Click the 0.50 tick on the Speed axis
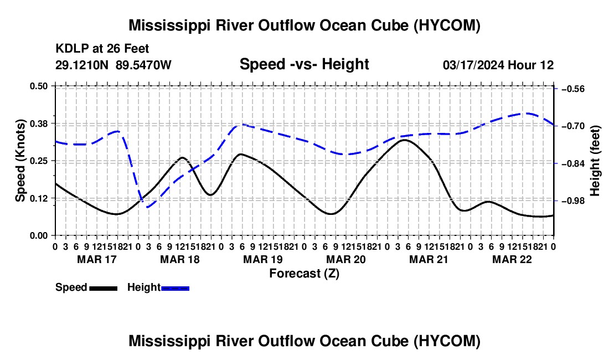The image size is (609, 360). [x=54, y=86]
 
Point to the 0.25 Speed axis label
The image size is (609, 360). [x=38, y=161]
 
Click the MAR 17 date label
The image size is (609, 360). [x=97, y=259]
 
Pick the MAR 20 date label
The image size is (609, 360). [x=345, y=259]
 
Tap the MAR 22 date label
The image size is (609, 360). [x=512, y=259]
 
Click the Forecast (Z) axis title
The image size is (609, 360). [x=304, y=274]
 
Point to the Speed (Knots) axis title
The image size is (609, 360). [x=20, y=161]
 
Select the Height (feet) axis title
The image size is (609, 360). [x=595, y=161]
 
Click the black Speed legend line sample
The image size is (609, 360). [x=104, y=288]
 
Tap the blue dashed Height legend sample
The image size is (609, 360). [x=175, y=288]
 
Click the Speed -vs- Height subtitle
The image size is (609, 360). [x=304, y=64]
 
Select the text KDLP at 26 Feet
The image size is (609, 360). [x=102, y=49]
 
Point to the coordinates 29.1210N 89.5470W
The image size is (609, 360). [x=113, y=65]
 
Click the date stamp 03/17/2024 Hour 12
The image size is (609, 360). [x=498, y=65]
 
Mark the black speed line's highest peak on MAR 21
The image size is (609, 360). [x=404, y=140]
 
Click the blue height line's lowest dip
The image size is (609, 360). [x=148, y=207]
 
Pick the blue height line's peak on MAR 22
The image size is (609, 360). [x=528, y=114]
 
